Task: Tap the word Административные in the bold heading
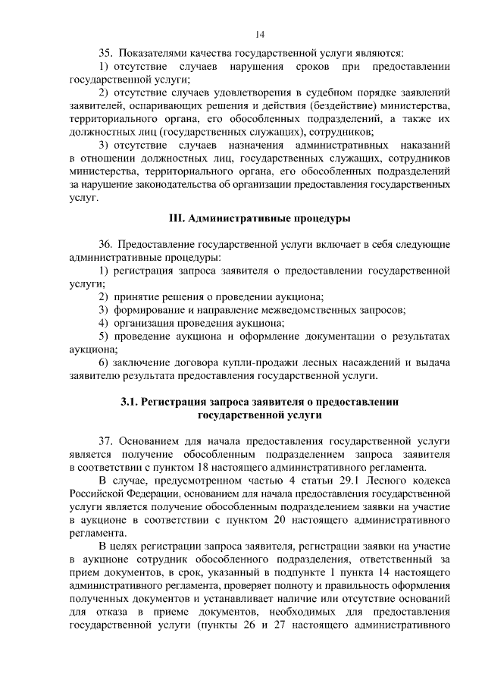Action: (x=236, y=218)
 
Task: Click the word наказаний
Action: (x=422, y=144)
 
